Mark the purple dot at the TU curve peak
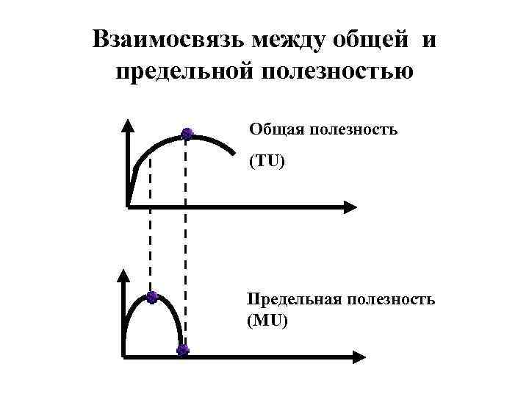(187, 134)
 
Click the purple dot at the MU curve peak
(151, 298)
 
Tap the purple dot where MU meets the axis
(183, 350)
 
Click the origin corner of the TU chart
(128, 207)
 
